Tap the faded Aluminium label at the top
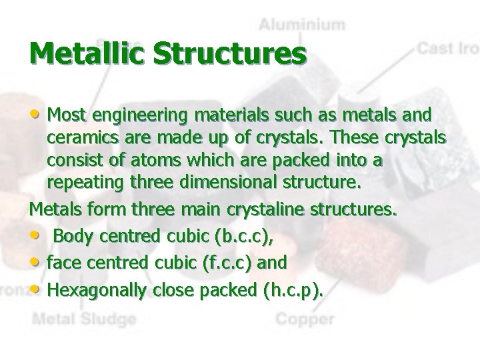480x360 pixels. click(x=302, y=25)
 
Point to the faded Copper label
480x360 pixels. click(x=305, y=319)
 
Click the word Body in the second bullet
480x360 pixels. click(x=71, y=236)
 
